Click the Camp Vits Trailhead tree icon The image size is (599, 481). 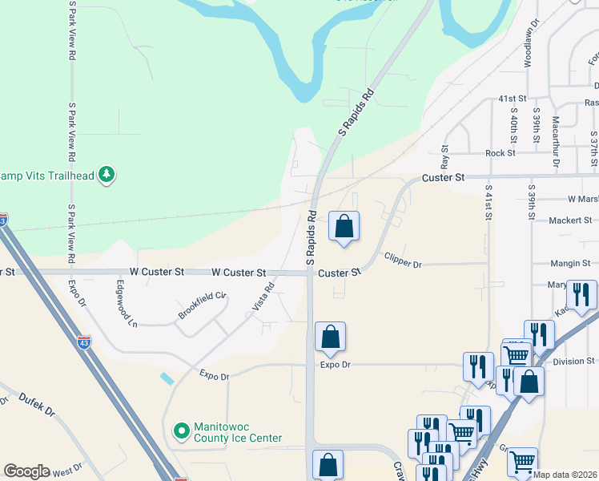(x=107, y=175)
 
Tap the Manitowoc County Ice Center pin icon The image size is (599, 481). (x=182, y=432)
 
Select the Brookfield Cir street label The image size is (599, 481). (x=203, y=307)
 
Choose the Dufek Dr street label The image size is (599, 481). (x=37, y=403)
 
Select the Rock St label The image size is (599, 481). (x=499, y=153)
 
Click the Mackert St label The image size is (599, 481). (x=570, y=220)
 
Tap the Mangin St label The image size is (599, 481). (x=570, y=263)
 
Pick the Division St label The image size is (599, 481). (x=574, y=362)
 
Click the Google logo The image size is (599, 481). (x=26, y=471)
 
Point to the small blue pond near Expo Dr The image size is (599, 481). (x=166, y=377)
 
